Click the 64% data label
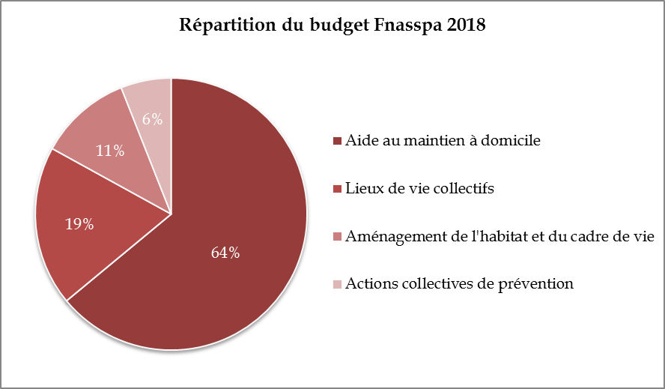[x=225, y=253]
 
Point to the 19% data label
[x=79, y=223]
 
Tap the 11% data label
[x=109, y=151]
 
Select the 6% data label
[x=153, y=118]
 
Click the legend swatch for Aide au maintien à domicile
[x=338, y=141]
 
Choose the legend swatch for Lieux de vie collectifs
[x=338, y=189]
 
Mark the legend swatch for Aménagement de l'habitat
[x=338, y=237]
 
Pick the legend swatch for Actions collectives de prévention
[x=338, y=285]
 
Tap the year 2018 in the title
[x=467, y=25]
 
